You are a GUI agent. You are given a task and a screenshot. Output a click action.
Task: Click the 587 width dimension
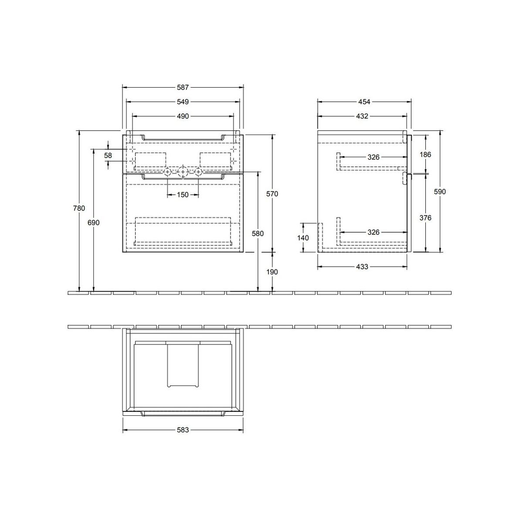183,88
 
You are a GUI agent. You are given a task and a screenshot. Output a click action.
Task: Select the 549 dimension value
183,102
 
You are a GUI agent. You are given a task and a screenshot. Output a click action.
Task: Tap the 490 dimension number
183,116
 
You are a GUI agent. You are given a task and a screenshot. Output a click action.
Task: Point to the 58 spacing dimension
108,156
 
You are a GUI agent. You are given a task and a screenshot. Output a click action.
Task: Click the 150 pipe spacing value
183,194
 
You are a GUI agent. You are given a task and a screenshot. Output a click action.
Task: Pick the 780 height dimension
79,208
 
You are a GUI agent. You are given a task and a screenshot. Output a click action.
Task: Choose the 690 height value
93,223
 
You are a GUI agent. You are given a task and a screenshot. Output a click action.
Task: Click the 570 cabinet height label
272,194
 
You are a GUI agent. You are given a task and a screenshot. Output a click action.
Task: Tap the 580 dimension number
258,234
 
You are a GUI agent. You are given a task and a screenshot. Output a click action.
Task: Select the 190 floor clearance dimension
272,272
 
